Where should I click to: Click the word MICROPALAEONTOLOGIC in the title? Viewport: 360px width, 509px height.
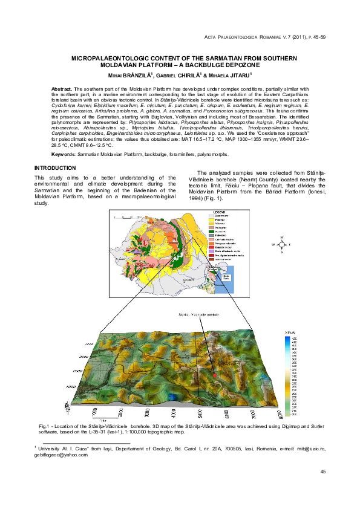tap(103, 57)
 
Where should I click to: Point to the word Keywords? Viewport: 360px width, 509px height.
tap(62, 154)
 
